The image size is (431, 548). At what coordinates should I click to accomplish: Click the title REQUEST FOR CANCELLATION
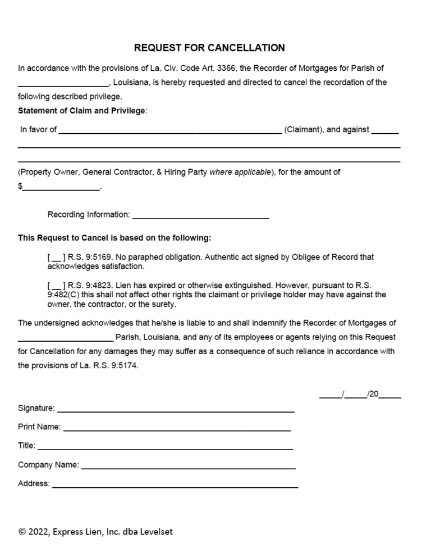click(x=209, y=48)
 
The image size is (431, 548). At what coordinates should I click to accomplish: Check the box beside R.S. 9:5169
click(x=56, y=257)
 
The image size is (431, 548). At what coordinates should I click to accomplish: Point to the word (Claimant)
click(x=304, y=130)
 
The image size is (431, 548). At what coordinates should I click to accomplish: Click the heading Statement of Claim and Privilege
click(x=82, y=110)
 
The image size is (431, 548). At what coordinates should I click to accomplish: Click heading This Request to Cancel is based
click(x=114, y=238)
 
